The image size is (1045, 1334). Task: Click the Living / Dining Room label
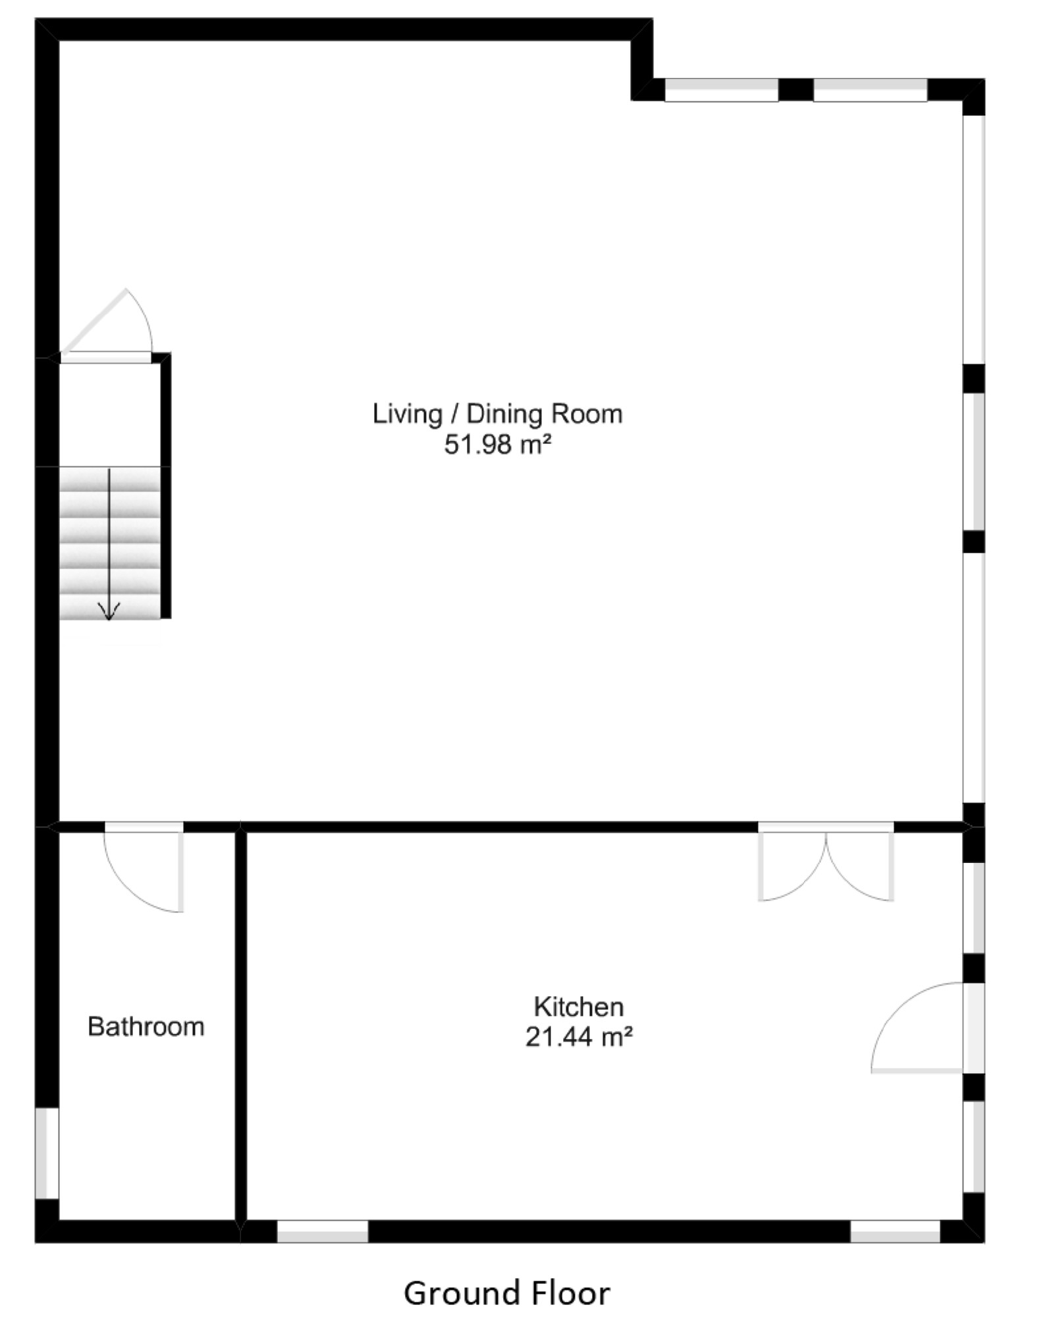pos(497,414)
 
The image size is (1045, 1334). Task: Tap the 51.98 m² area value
pos(497,445)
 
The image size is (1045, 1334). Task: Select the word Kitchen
pos(579,1007)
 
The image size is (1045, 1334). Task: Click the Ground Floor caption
pos(507,1293)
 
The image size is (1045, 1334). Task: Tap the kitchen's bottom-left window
pos(322,1231)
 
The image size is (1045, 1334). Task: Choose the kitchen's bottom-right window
pos(896,1231)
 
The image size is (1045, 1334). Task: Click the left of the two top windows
pos(722,90)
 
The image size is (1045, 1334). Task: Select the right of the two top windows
pos(871,90)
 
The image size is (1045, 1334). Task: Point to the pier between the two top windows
pos(796,90)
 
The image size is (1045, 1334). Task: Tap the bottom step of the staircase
pos(110,607)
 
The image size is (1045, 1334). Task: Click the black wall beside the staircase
pos(166,486)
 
